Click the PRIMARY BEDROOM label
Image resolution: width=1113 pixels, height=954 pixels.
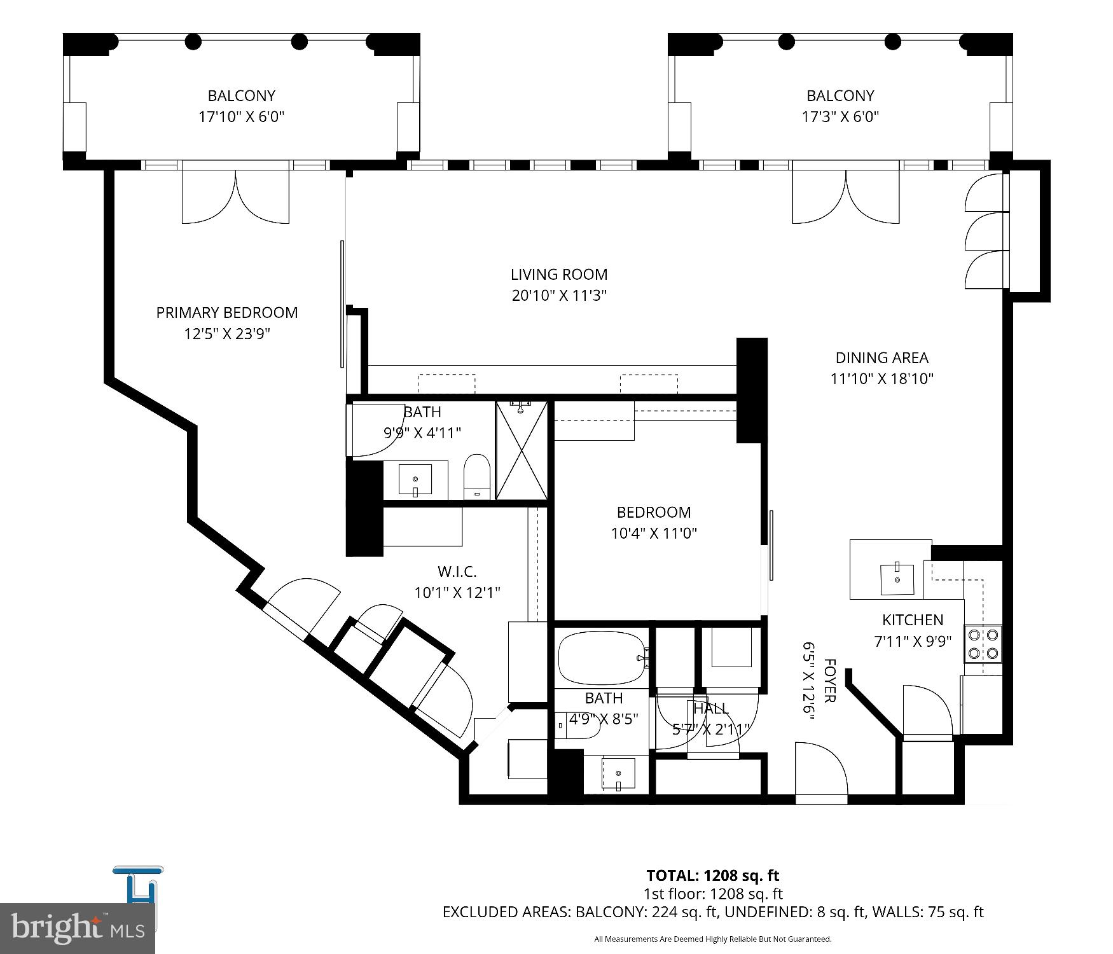point(227,312)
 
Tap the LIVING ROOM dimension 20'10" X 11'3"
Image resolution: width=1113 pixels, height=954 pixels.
point(559,296)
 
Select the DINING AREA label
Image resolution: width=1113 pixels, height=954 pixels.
point(881,357)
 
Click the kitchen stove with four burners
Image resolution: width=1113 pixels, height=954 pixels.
point(983,644)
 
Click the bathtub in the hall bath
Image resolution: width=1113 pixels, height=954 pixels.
point(602,658)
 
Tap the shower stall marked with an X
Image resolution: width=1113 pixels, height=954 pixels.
point(522,450)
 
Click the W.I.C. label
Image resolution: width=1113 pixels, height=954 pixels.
point(457,572)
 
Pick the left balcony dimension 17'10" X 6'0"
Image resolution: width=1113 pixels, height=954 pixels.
point(242,117)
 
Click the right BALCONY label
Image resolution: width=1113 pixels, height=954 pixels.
point(840,95)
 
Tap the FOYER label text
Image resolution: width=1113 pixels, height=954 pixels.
point(829,681)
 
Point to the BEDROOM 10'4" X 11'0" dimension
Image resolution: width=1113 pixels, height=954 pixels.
point(654,534)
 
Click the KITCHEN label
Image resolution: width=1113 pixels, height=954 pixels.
point(912,619)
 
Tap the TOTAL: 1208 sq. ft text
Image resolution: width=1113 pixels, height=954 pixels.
point(712,876)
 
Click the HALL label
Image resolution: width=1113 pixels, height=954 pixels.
point(711,708)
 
